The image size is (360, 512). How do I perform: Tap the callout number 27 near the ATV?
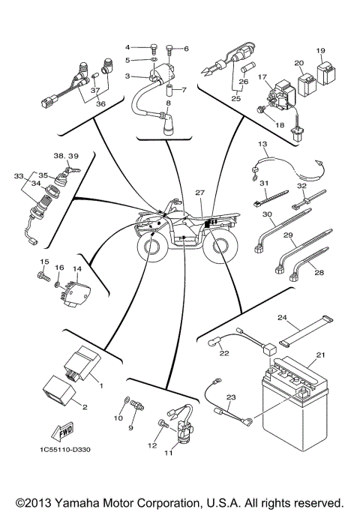199,193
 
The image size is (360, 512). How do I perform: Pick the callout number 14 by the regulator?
76,268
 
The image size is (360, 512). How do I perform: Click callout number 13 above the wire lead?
263,143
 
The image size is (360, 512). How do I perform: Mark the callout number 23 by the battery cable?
231,398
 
